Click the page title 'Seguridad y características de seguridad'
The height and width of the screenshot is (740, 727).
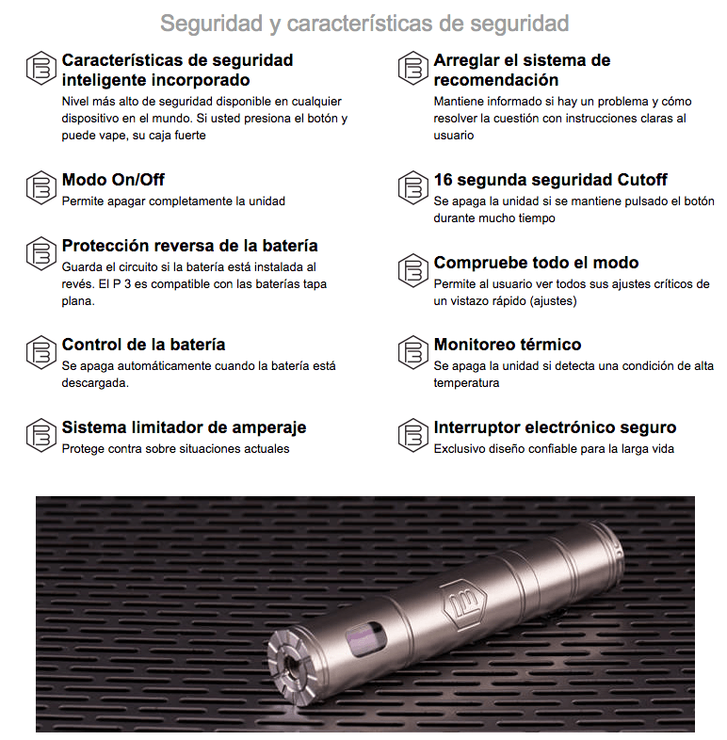(x=364, y=24)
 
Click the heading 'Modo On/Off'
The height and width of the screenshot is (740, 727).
(x=113, y=180)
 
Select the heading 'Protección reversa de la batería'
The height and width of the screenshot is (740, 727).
(x=190, y=246)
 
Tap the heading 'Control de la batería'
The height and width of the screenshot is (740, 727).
(x=143, y=345)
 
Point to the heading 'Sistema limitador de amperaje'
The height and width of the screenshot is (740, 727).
(x=185, y=427)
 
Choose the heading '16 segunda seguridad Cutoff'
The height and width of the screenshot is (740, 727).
(x=551, y=180)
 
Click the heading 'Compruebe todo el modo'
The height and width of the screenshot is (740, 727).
(x=536, y=263)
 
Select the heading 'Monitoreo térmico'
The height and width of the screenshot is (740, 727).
(x=508, y=345)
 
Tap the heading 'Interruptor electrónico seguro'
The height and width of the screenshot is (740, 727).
(x=556, y=427)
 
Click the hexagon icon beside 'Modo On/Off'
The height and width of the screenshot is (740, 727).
(x=41, y=187)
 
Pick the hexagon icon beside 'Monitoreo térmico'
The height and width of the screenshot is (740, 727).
(x=413, y=352)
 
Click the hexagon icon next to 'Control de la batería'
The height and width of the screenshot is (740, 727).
(x=41, y=352)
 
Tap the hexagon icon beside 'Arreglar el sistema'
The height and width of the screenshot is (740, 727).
(x=413, y=68)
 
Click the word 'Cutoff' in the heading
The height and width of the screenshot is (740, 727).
(x=642, y=180)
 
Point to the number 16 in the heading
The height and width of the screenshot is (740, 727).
(x=443, y=180)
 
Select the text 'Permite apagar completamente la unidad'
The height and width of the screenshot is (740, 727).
(x=173, y=201)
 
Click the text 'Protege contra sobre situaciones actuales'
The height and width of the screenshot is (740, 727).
(x=175, y=449)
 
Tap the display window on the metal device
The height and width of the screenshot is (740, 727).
(x=365, y=639)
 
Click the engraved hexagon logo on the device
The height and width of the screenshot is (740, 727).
(x=466, y=605)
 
